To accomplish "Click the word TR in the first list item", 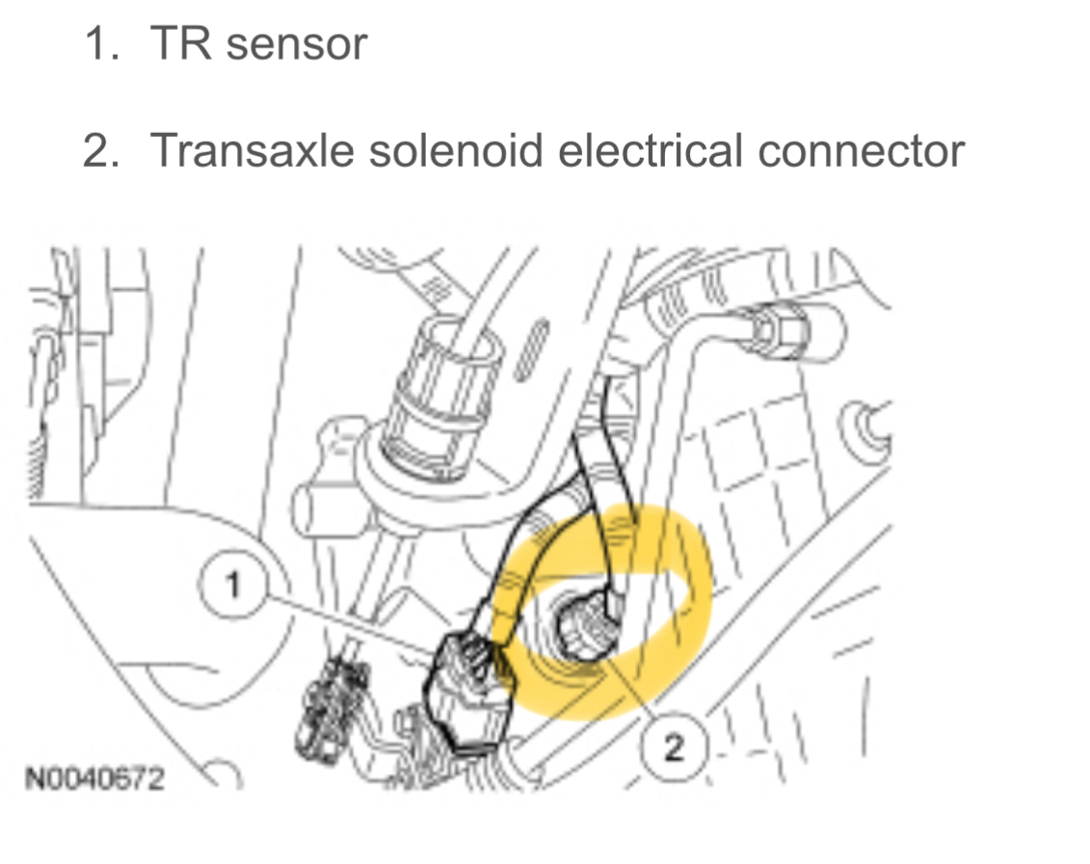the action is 176,45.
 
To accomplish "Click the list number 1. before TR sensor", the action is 101,45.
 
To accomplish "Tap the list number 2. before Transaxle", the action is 101,150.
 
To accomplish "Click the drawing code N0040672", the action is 94,776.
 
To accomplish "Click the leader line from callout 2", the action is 631,694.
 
